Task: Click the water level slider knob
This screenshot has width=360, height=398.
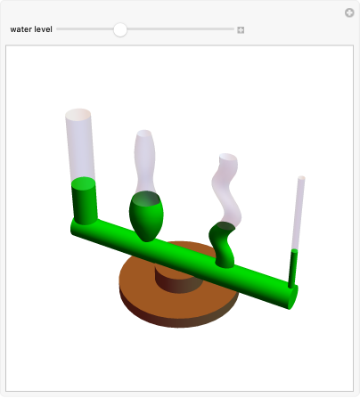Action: point(120,29)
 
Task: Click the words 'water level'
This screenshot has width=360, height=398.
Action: point(31,29)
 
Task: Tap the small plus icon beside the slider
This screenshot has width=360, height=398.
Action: point(241,30)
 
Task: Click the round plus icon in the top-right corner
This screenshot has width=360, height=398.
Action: point(349,12)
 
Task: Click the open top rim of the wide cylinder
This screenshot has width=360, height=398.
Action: point(78,114)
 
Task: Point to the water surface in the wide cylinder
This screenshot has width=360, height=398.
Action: point(84,183)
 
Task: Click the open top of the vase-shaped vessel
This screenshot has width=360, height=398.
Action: point(144,134)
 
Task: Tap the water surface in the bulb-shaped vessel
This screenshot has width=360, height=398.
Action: point(146,199)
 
